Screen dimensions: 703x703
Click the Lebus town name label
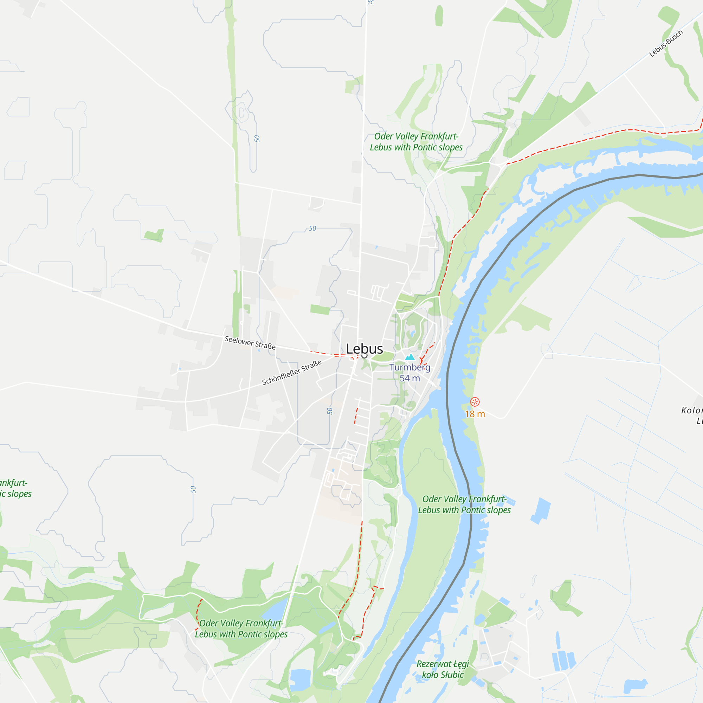click(x=364, y=349)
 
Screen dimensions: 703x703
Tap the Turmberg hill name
click(x=410, y=368)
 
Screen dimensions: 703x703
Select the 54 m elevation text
click(x=410, y=379)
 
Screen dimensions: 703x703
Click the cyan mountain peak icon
click(x=410, y=357)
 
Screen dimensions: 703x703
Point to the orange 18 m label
click(x=475, y=414)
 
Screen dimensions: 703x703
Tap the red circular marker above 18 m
click(x=475, y=402)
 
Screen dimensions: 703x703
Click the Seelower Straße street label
click(x=250, y=342)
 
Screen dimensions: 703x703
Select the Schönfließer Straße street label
click(x=292, y=372)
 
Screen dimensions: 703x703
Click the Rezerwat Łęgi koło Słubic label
click(x=443, y=670)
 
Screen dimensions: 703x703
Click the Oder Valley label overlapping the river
click(x=464, y=505)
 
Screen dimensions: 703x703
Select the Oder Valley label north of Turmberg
click(x=416, y=142)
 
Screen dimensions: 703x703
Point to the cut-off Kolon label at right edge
click(x=692, y=411)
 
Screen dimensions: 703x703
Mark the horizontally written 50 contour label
click(x=312, y=228)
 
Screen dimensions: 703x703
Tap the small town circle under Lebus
click(x=364, y=355)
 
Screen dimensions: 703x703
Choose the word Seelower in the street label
click(x=239, y=341)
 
